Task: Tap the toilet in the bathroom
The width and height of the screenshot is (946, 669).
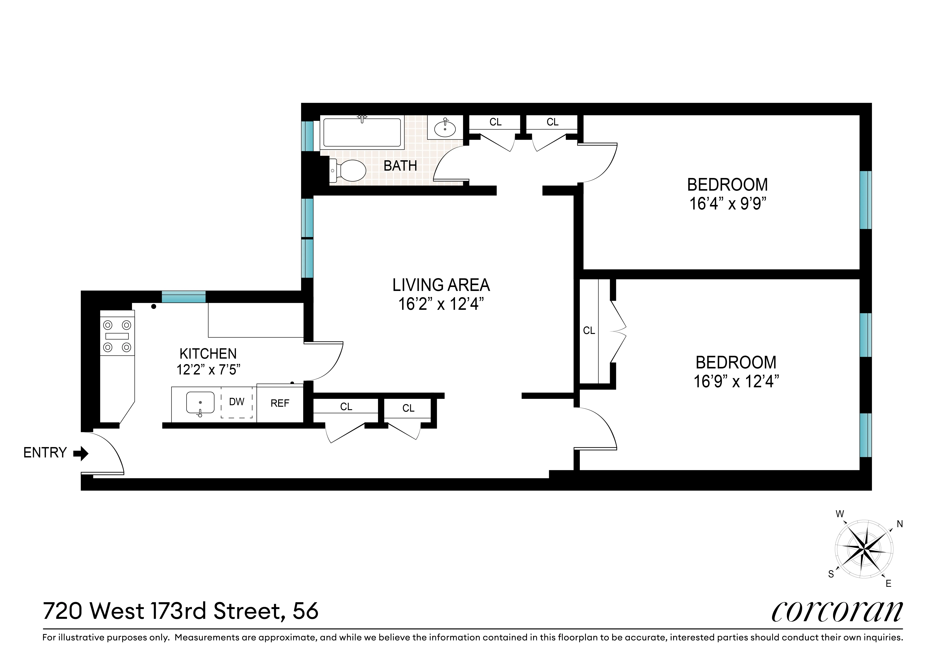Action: point(349,170)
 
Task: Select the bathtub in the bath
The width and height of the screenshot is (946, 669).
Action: point(362,133)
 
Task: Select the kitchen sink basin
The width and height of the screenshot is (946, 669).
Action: point(200,402)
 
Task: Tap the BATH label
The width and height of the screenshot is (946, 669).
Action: point(400,166)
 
